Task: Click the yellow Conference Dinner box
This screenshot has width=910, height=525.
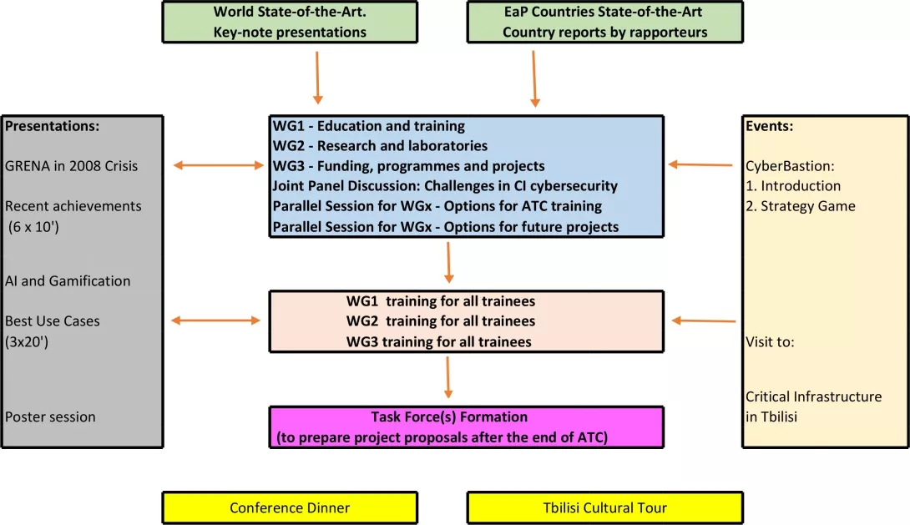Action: (289, 507)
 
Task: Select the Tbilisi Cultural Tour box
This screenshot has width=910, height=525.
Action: (604, 507)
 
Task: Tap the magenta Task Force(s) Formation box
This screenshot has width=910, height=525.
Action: (466, 427)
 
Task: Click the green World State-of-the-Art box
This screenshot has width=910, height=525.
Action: (289, 22)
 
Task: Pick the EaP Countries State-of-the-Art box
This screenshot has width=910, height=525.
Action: (604, 22)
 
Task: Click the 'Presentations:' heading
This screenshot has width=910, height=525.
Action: (53, 126)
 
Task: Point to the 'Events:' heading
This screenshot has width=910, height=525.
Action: (769, 126)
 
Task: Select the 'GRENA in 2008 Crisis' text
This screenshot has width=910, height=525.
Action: (72, 165)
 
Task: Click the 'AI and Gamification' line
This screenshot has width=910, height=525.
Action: (68, 280)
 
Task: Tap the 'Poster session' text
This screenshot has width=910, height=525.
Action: (50, 416)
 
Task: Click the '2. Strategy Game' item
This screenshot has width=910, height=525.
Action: (800, 205)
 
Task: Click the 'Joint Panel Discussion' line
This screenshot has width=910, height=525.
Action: (445, 186)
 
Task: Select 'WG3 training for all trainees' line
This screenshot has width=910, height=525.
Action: (439, 341)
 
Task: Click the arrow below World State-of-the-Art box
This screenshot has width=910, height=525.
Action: (318, 78)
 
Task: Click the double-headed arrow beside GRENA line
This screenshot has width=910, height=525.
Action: (218, 166)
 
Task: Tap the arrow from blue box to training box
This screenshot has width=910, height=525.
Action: (448, 262)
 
